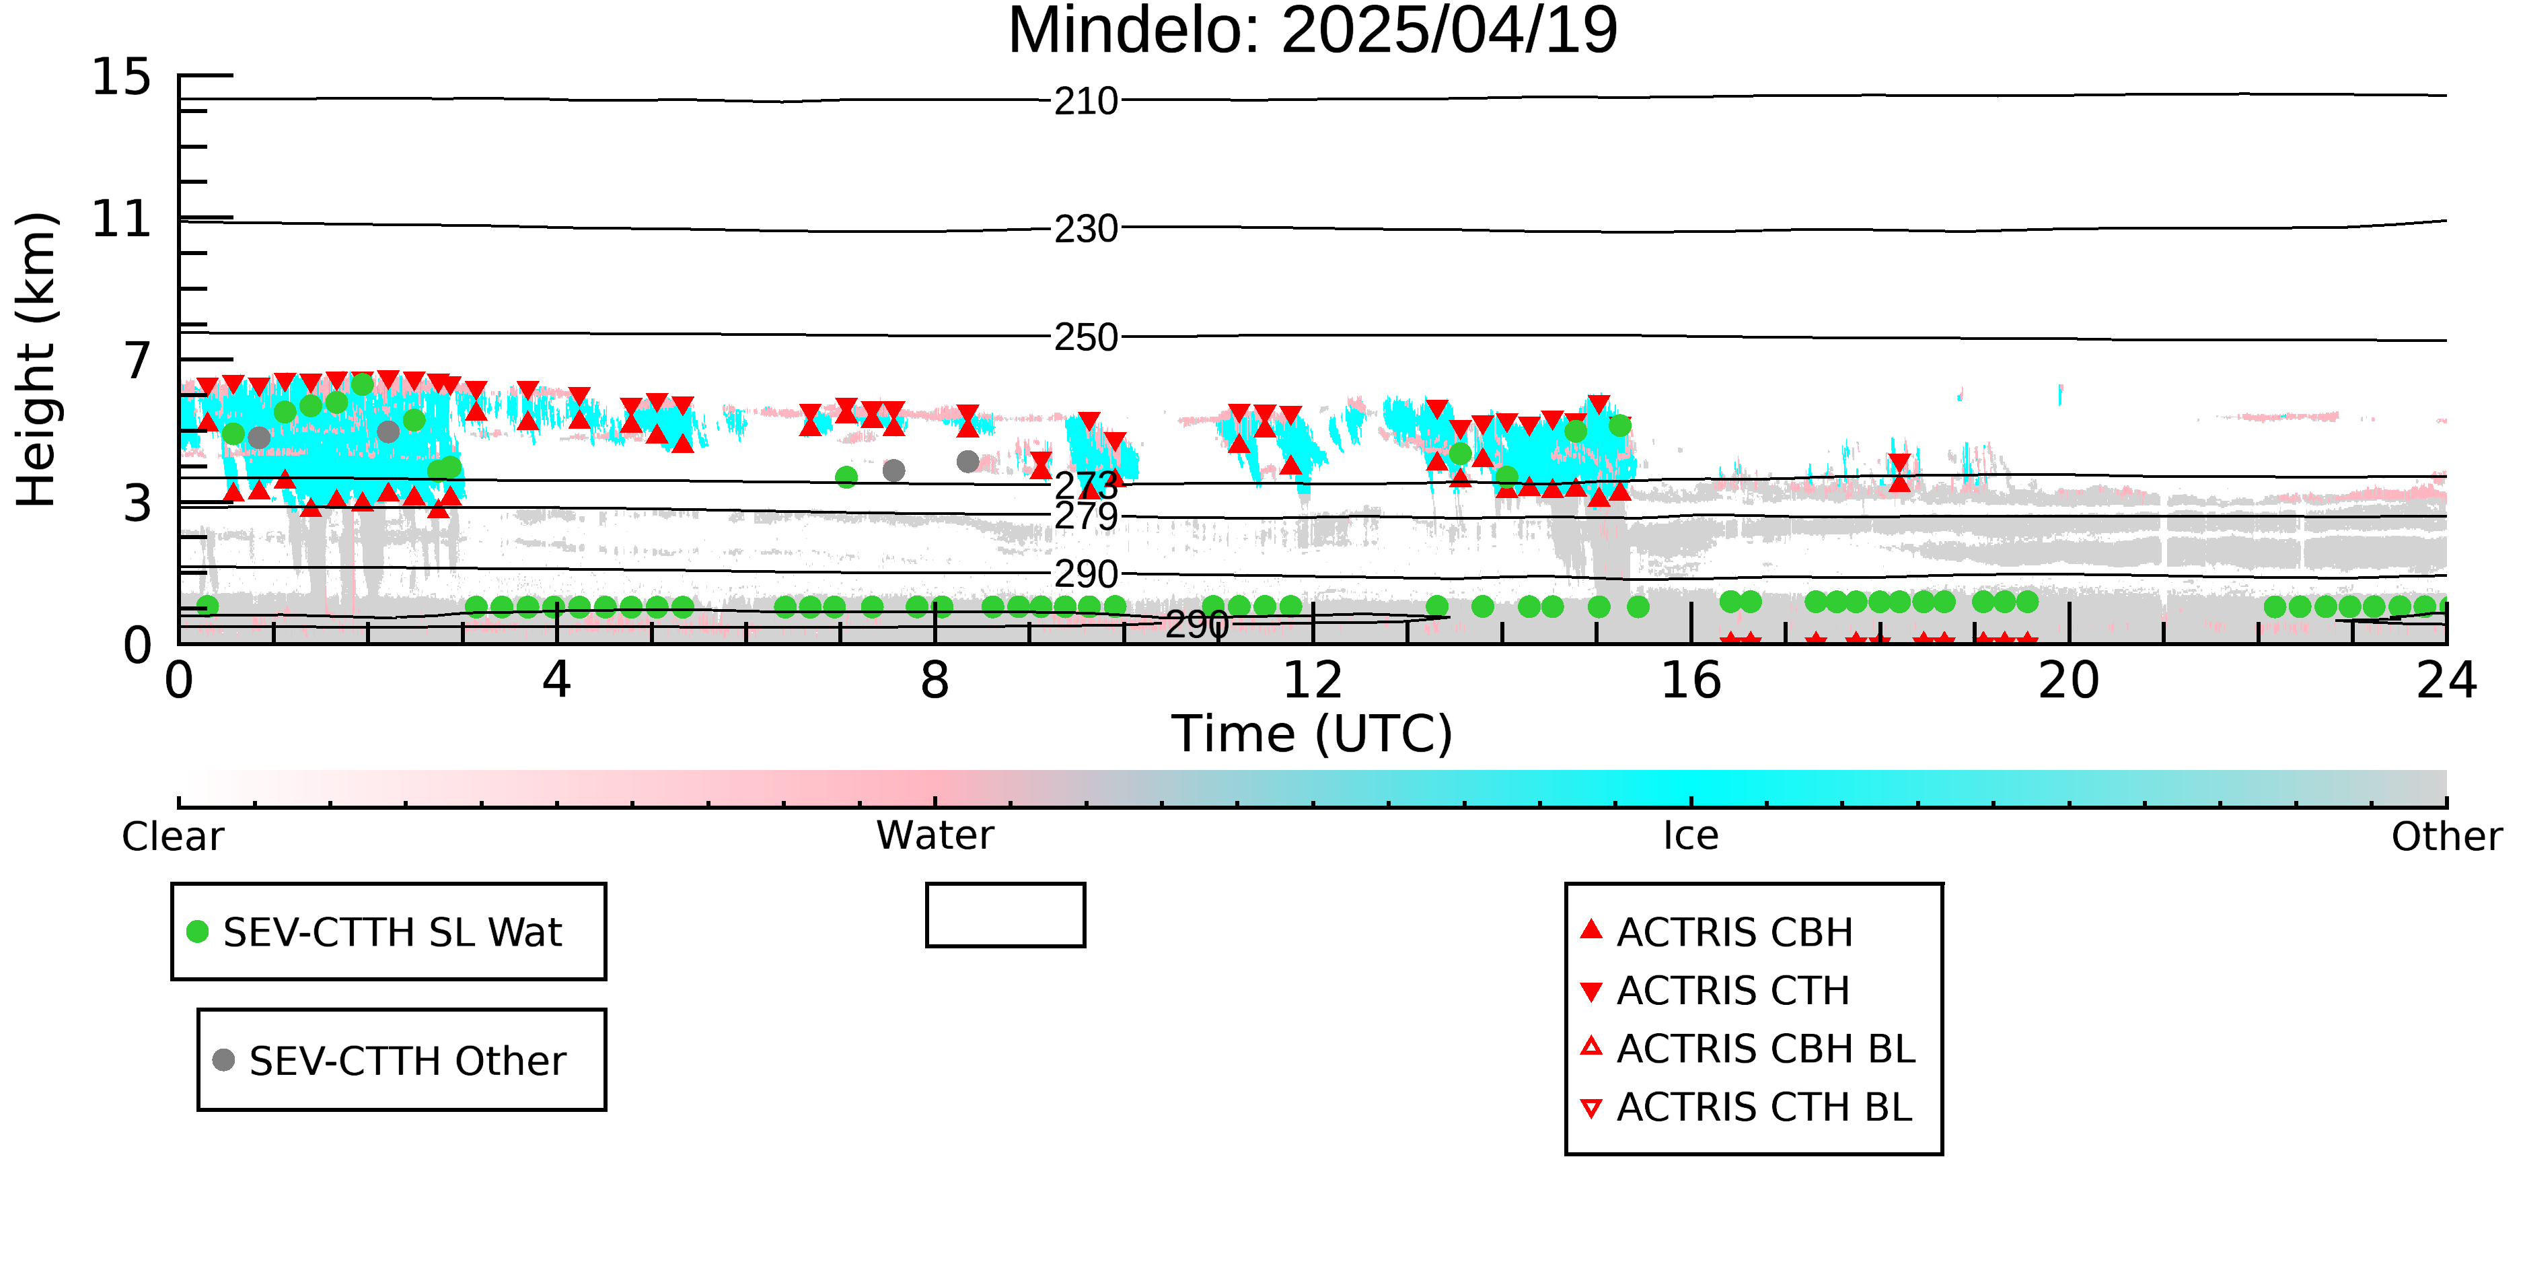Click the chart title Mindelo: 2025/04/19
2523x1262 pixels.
click(x=1313, y=32)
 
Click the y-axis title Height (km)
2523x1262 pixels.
click(x=37, y=359)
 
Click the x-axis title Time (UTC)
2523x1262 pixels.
click(x=1313, y=734)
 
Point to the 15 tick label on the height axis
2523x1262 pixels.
click(x=122, y=77)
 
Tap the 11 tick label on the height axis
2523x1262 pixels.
click(x=122, y=219)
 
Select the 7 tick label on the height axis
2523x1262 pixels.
click(x=138, y=361)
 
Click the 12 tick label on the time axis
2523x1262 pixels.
click(x=1313, y=680)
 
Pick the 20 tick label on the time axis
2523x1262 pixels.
click(x=2069, y=680)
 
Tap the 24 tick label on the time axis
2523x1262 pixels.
click(x=2446, y=680)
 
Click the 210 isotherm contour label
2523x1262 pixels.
click(x=1086, y=101)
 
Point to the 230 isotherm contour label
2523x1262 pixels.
click(x=1086, y=230)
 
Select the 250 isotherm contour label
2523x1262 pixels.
click(x=1086, y=338)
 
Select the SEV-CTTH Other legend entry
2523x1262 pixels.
click(x=390, y=1060)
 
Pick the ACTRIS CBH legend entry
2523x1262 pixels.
click(x=1717, y=932)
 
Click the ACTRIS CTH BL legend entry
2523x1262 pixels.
click(x=1747, y=1107)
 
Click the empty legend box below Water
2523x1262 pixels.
click(x=1005, y=885)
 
